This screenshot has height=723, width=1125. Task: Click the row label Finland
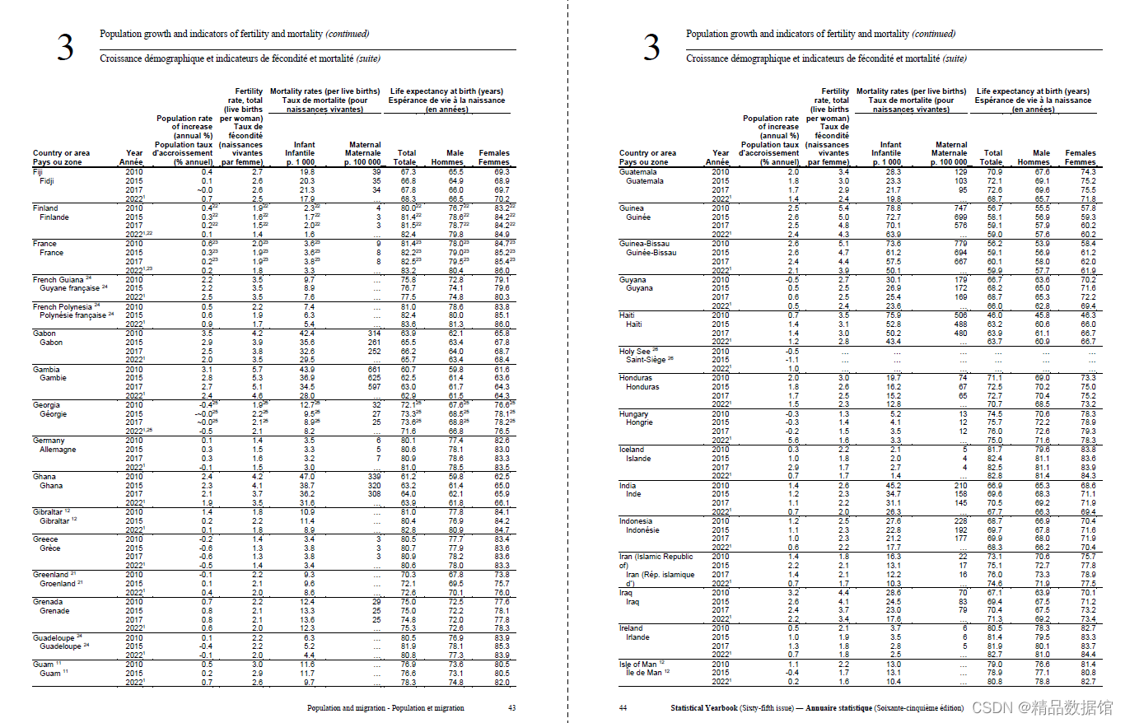click(x=45, y=208)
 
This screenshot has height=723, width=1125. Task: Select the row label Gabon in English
click(x=44, y=333)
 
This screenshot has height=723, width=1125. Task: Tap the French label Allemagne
click(x=58, y=450)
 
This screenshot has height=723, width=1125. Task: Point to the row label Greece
click(x=45, y=539)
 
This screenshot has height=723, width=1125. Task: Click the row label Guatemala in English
click(x=638, y=172)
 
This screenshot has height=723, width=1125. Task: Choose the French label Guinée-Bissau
click(x=652, y=253)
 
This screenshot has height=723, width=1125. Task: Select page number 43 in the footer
click(x=512, y=707)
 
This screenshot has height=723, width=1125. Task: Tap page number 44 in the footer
click(x=623, y=707)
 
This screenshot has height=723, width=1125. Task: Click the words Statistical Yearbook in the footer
click(x=703, y=707)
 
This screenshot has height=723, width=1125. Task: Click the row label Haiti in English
click(x=628, y=315)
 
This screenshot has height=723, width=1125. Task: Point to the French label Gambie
click(x=54, y=378)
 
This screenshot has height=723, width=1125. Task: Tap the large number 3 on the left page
click(x=65, y=48)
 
